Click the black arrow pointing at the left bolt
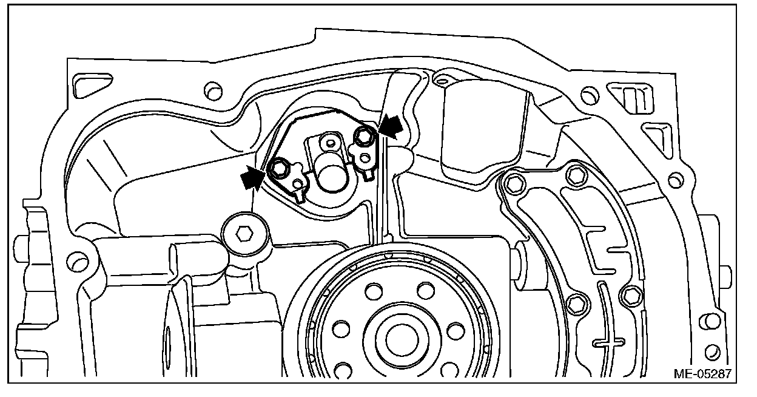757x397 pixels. click(x=252, y=177)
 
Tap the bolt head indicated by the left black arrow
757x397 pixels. click(x=278, y=167)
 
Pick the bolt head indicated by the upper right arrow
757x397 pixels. click(x=365, y=137)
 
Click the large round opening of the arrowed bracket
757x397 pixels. click(x=331, y=175)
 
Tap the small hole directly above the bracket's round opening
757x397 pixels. click(x=330, y=144)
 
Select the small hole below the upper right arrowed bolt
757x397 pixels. click(x=365, y=159)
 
